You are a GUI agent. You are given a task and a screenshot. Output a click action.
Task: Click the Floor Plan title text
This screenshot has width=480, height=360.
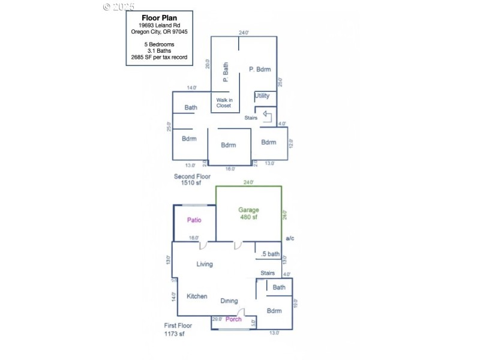[159, 18]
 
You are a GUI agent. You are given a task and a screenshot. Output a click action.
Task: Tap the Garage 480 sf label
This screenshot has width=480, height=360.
[248, 214]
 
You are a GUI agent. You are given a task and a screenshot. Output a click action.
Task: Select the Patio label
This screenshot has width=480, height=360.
[194, 220]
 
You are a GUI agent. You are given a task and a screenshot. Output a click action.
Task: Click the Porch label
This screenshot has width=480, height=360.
[233, 319]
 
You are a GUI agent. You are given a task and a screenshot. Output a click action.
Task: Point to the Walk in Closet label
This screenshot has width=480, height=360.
[223, 102]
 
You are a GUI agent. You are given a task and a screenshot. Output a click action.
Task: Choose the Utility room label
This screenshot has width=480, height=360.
[262, 96]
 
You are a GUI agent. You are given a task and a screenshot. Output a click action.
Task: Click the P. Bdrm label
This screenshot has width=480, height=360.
[260, 70]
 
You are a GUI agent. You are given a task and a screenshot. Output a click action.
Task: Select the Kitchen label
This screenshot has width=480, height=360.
[197, 296]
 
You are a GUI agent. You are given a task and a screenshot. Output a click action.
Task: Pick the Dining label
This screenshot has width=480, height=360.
[229, 301]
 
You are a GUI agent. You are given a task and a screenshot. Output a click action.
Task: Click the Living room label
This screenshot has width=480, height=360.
[205, 264]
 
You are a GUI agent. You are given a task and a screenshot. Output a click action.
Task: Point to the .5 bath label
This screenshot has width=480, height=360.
[270, 254]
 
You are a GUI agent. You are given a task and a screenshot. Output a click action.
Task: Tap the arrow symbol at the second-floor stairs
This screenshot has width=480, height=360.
[267, 114]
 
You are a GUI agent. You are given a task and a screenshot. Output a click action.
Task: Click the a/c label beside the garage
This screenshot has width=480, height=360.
[290, 239]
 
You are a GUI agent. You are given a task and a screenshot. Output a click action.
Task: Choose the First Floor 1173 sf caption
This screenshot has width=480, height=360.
[179, 330]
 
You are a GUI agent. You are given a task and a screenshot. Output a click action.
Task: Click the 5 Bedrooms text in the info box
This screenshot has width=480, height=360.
[159, 44]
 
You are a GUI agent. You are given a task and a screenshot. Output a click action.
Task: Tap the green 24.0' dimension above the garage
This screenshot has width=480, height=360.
[248, 182]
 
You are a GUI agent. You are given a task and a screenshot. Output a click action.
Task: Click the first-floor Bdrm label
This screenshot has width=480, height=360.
[274, 311]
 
